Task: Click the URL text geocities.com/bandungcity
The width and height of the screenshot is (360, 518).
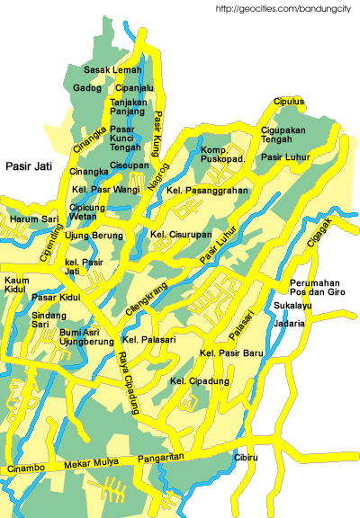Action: pos(286,9)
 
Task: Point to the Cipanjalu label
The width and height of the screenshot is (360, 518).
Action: pos(134,88)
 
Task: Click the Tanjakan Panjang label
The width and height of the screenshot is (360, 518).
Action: pos(129,107)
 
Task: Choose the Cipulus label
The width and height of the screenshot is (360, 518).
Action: pos(289,102)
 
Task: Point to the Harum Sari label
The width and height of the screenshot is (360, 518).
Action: pos(34,219)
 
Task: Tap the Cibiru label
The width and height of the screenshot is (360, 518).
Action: pos(246,458)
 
